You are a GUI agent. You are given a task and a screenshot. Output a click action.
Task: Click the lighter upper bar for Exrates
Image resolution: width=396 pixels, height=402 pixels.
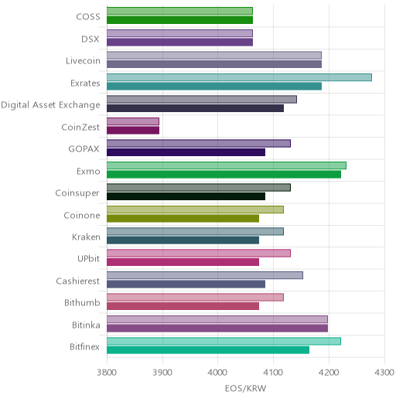coord(239,77)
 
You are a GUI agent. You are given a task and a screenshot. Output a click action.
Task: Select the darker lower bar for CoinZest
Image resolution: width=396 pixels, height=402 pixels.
coord(133,131)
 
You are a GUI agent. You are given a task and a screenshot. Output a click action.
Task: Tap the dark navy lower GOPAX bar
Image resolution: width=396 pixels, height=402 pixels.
coord(186,152)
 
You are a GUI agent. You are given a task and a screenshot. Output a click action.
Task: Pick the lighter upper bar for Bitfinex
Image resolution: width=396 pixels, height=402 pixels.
coord(224,341)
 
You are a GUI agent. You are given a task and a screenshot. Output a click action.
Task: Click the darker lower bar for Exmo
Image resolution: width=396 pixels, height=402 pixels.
coord(224,175)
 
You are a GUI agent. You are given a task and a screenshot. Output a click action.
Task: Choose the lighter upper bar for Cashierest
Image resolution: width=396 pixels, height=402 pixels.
coord(205,275)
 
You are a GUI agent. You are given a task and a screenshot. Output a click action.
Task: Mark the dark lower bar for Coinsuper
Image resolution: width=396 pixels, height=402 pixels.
coord(186,196)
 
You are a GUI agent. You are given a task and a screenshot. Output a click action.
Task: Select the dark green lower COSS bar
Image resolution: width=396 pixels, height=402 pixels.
coord(180,20)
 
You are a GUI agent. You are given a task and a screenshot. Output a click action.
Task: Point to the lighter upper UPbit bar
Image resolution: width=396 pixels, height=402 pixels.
coord(199,254)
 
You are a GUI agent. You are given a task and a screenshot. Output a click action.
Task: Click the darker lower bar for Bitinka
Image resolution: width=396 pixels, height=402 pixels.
coord(217,329)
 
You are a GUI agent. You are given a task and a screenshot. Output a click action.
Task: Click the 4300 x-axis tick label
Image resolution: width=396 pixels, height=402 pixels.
coord(384,373)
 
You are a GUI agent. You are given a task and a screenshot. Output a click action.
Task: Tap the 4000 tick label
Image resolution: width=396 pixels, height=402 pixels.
coord(217,373)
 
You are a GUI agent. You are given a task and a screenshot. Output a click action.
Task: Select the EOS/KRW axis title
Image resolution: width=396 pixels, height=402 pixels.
coord(245,388)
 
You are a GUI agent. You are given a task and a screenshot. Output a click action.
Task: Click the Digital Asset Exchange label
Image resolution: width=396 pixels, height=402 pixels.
coord(50,105)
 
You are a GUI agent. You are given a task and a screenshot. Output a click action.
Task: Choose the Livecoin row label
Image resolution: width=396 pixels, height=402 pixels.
coord(83,61)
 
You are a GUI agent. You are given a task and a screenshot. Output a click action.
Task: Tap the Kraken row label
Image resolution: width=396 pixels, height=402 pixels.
coord(86,237)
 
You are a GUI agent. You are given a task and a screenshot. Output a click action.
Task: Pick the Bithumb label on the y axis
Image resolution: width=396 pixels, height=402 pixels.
coord(82,302)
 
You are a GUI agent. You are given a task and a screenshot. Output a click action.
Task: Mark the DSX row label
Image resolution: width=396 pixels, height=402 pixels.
coord(90,39)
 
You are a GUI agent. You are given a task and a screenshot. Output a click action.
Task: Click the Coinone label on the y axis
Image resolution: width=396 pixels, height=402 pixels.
coord(82,215)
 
